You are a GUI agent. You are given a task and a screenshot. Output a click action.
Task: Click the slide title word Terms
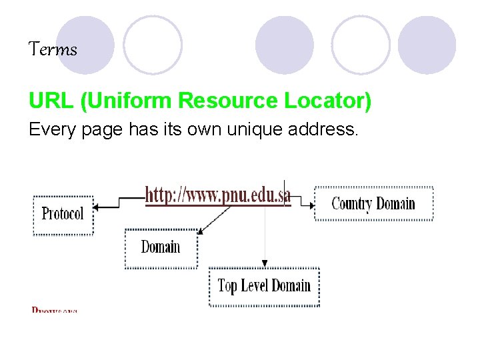point(53,49)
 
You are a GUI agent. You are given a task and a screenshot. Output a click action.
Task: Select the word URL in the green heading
point(51,101)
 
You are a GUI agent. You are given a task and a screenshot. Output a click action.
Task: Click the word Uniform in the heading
point(127,101)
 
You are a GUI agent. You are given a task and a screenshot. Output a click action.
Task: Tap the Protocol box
point(63,214)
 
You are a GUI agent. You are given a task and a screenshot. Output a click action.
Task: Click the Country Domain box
point(373,203)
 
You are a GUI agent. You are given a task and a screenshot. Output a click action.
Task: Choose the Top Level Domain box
point(264,287)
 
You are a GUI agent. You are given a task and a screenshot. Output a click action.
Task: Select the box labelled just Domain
point(161,247)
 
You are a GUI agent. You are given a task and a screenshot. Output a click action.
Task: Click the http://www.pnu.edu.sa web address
point(218,195)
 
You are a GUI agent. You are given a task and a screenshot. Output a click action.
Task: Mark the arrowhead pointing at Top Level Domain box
point(265,264)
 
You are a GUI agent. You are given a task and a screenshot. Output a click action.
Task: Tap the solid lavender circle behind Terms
point(85,45)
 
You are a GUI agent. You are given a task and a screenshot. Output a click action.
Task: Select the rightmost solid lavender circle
point(427,45)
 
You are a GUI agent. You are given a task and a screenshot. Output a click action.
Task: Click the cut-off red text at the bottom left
point(55,310)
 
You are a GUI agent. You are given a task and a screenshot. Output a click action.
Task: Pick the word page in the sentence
point(102,131)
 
